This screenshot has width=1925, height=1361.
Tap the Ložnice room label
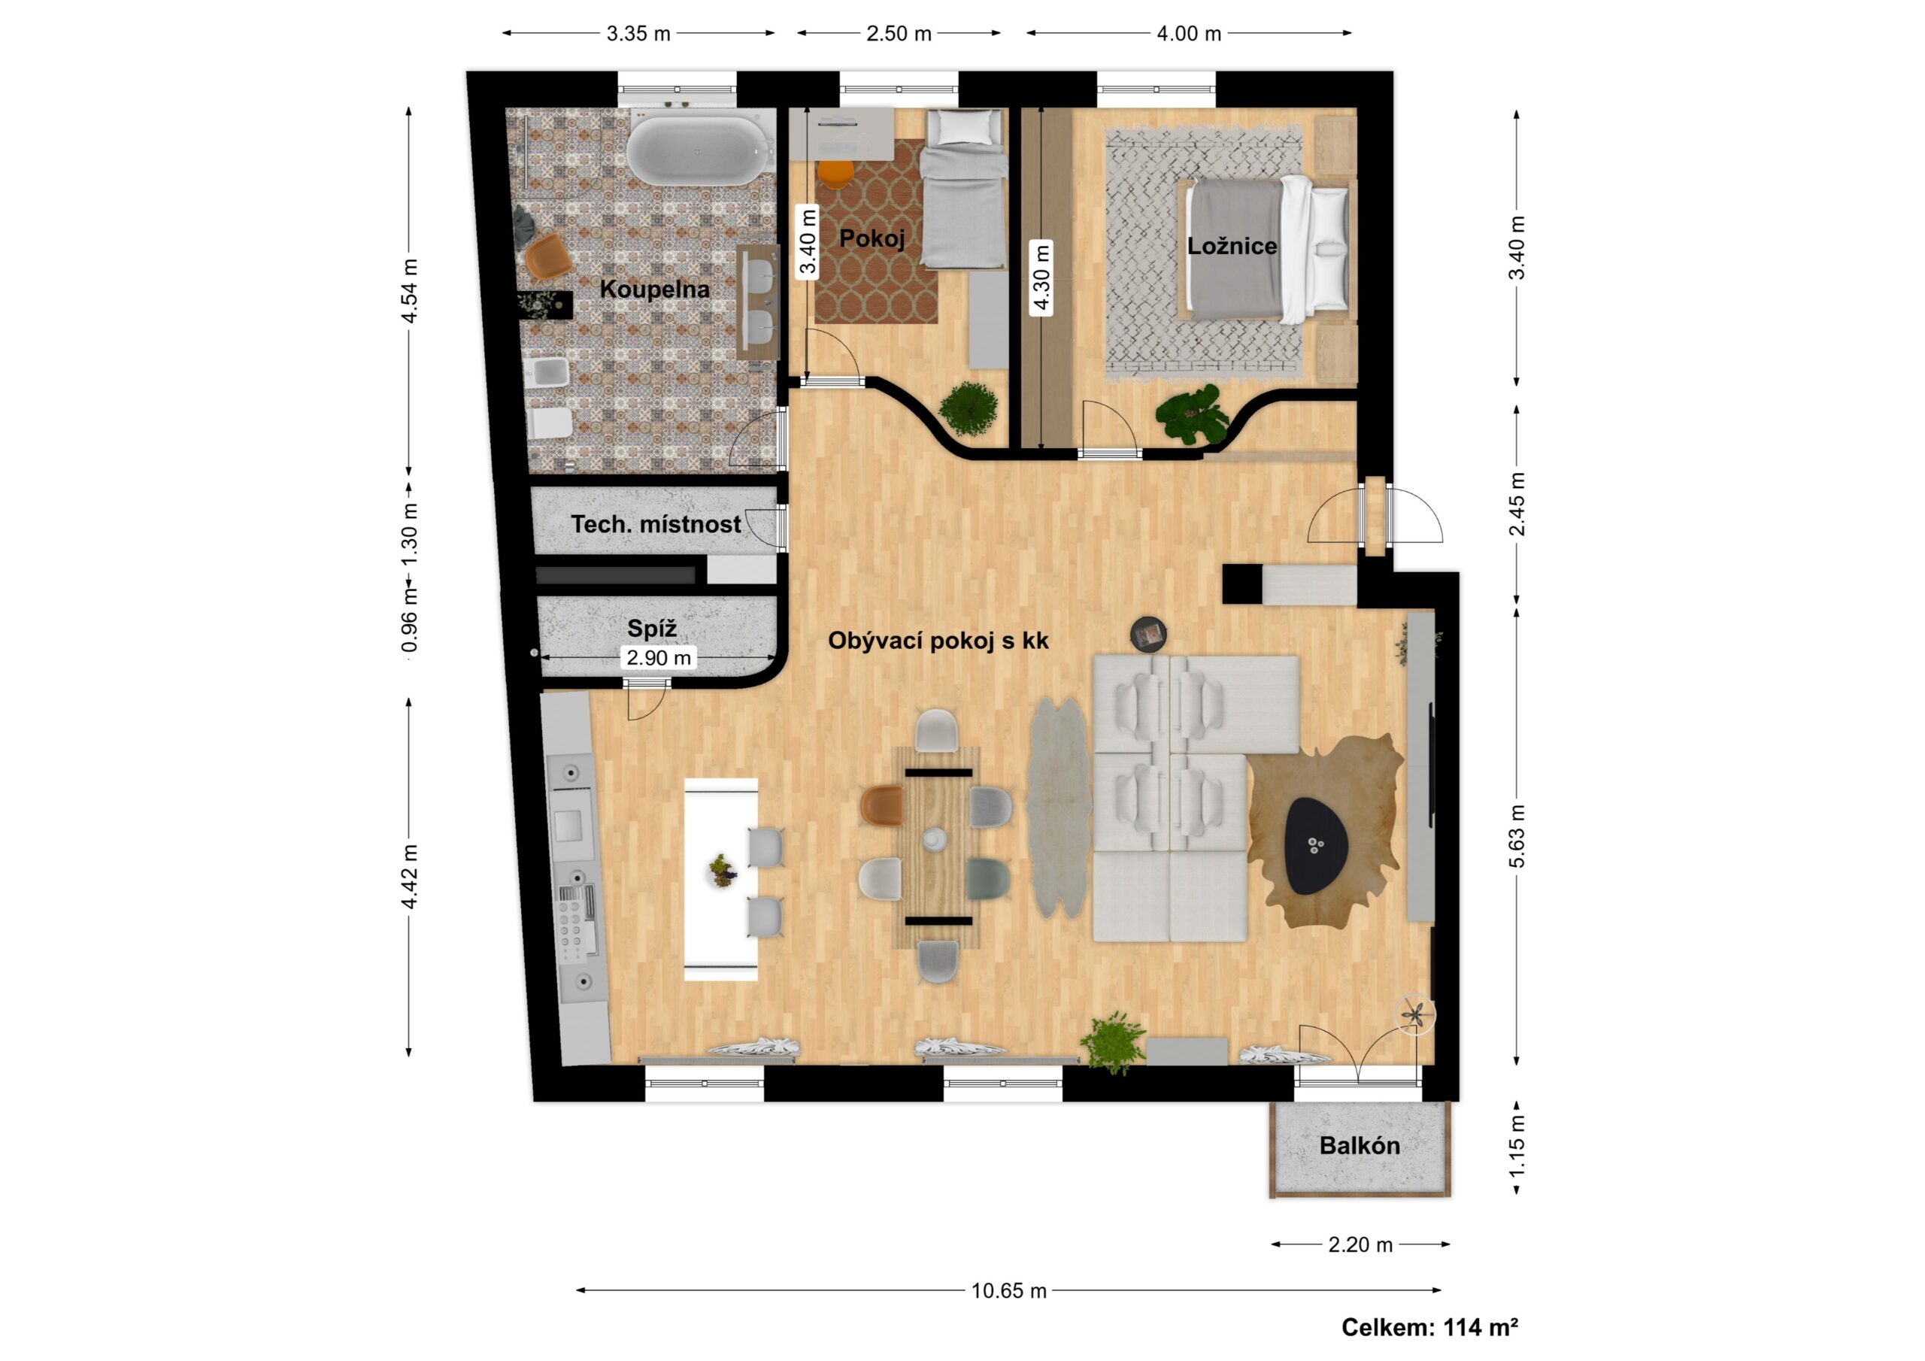click(1232, 246)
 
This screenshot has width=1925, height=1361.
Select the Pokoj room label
click(872, 239)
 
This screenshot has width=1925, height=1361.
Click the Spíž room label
click(651, 628)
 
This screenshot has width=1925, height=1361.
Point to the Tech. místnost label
click(656, 524)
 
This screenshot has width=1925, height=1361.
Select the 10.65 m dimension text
click(1008, 1290)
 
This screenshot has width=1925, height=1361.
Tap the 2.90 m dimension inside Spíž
click(659, 658)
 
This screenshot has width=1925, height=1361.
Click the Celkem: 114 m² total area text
click(1429, 1326)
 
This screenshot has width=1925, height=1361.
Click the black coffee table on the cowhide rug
click(1317, 845)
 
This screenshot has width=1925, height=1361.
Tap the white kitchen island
click(721, 879)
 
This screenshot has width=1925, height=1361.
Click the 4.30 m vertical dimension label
click(1041, 277)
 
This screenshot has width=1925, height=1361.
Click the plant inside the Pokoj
click(969, 409)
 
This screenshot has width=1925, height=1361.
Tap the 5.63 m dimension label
click(1517, 837)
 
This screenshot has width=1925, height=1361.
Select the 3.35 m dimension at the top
click(638, 34)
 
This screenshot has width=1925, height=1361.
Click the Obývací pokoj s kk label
click(938, 641)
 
